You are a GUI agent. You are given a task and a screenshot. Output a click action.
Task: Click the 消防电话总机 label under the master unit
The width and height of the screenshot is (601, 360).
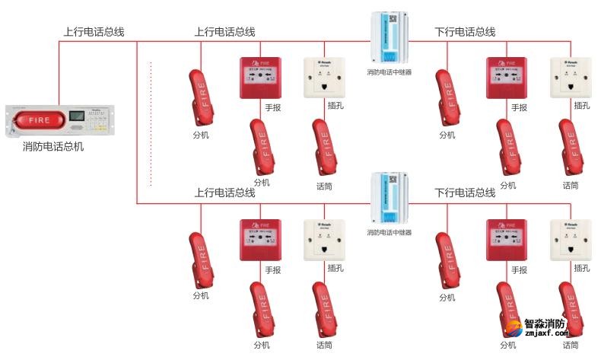pyautogui.click(x=53, y=146)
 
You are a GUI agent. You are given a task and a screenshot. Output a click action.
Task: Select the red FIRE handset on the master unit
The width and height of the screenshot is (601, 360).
pyautogui.click(x=39, y=120)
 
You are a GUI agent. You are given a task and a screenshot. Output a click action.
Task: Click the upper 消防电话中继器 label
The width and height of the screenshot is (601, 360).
pyautogui.click(x=389, y=73)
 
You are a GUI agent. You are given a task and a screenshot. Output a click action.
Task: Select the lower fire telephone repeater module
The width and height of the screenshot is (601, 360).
pyautogui.click(x=389, y=199)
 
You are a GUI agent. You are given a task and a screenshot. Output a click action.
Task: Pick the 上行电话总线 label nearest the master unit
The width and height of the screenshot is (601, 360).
pyautogui.click(x=93, y=32)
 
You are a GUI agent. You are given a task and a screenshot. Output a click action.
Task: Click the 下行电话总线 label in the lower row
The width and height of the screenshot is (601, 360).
pyautogui.click(x=465, y=193)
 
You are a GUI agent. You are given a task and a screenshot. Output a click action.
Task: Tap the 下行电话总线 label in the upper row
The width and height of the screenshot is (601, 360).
pyautogui.click(x=465, y=32)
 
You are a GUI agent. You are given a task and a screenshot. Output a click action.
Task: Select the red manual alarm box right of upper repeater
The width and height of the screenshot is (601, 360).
pyautogui.click(x=506, y=78)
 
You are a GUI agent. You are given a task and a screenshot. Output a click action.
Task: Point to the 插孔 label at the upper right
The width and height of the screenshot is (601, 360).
pyautogui.click(x=582, y=106)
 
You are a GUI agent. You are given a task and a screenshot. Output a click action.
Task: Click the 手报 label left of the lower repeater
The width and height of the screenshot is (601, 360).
pyautogui.click(x=272, y=269)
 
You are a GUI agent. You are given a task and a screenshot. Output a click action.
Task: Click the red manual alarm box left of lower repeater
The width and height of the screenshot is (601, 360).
pyautogui.click(x=259, y=240)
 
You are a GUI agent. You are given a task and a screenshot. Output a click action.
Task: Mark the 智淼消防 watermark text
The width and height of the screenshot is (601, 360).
pyautogui.click(x=547, y=323)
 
